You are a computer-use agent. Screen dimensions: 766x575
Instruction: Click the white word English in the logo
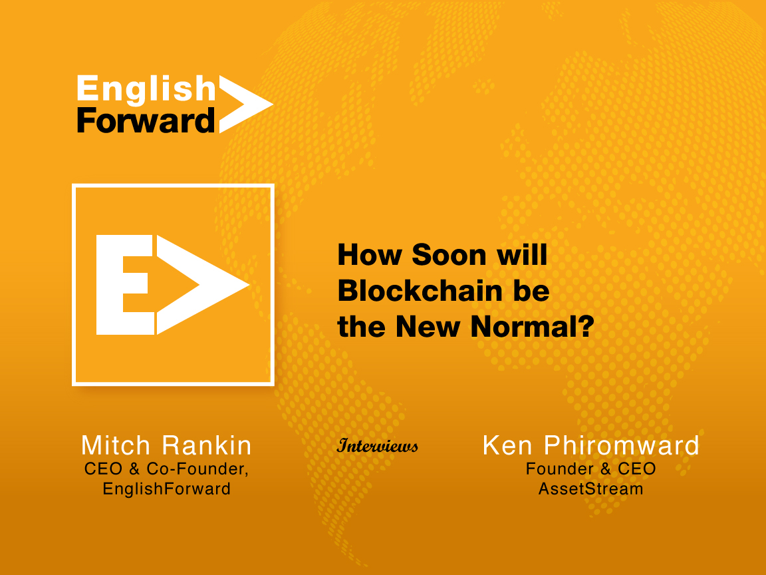click(x=146, y=90)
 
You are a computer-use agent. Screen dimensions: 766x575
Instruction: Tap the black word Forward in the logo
click(x=146, y=120)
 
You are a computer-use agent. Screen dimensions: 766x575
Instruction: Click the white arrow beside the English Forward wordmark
click(x=246, y=104)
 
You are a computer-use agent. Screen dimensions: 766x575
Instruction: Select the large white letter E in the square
click(x=125, y=285)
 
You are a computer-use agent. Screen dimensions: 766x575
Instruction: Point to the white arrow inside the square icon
click(x=202, y=285)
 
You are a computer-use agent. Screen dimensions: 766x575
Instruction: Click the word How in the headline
click(x=370, y=255)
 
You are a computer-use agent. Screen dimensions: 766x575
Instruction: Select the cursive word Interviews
click(x=378, y=445)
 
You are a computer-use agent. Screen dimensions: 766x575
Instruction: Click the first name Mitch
click(x=116, y=445)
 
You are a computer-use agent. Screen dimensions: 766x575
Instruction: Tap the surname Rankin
click(x=207, y=445)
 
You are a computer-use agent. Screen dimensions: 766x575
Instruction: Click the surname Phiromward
click(x=622, y=445)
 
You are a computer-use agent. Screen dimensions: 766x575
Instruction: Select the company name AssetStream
click(x=590, y=488)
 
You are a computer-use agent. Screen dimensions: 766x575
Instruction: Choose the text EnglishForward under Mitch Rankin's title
click(x=167, y=488)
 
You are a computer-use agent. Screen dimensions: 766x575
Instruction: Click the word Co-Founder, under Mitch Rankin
click(x=197, y=469)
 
